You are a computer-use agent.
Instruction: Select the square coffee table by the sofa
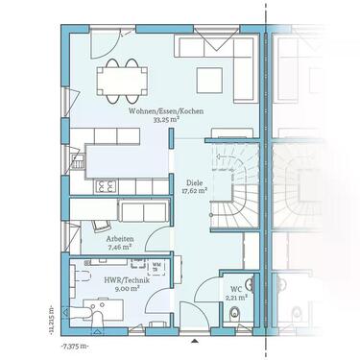[x=207, y=79]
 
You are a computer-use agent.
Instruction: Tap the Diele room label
[x=193, y=181]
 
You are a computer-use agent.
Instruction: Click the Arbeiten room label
[x=120, y=238]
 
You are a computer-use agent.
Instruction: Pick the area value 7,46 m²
[x=120, y=247]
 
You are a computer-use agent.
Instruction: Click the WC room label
[x=235, y=289]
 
